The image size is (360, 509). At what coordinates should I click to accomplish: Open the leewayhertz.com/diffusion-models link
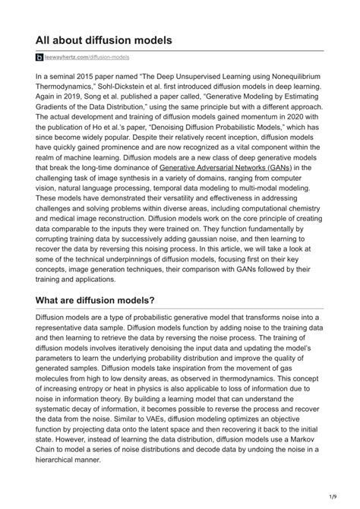pyautogui.click(x=87, y=58)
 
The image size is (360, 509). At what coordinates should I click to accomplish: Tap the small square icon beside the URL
pyautogui.click(x=40, y=58)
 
